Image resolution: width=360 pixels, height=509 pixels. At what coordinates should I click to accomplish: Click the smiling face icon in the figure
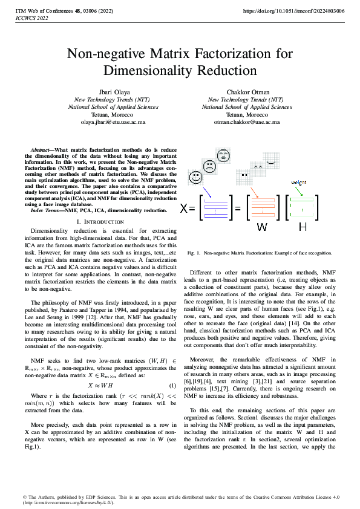click(x=195, y=178)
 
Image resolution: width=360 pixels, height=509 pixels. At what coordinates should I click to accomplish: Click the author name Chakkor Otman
click(x=247, y=91)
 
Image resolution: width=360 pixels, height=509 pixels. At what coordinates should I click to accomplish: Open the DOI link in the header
click(x=293, y=11)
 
